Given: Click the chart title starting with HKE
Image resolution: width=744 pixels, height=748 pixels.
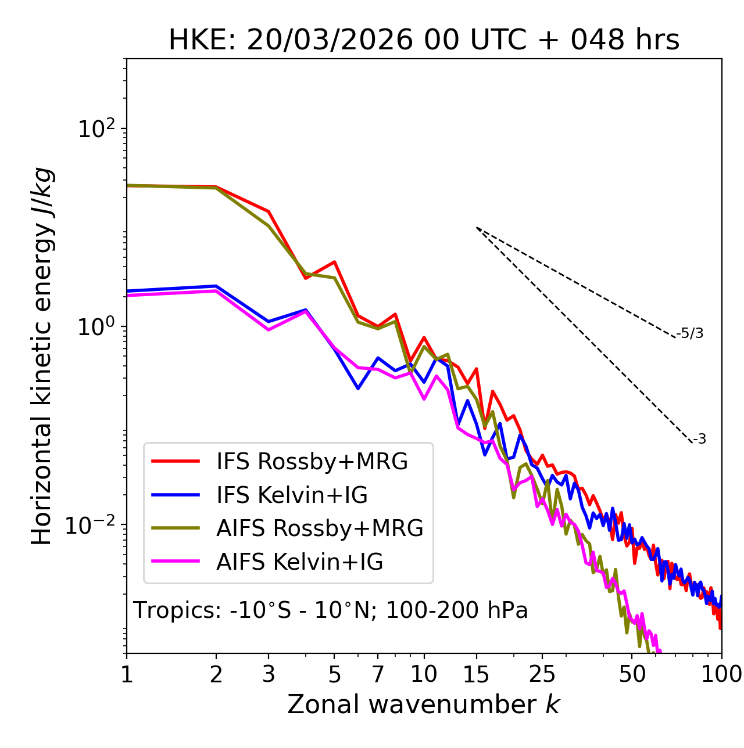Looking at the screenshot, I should click(x=424, y=40).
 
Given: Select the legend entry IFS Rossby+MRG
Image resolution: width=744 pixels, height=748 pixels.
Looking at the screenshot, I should click(x=312, y=462).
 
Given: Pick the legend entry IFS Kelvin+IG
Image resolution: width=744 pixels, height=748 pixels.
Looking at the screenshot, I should click(x=292, y=495).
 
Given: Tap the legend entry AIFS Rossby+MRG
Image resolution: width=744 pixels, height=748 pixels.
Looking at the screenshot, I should click(x=320, y=528).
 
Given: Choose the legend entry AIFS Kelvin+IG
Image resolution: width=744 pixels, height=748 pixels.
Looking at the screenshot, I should click(x=299, y=562).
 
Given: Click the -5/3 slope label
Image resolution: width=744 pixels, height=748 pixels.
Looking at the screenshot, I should click(x=690, y=333).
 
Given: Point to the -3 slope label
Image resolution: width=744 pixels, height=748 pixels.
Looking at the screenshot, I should click(x=699, y=440).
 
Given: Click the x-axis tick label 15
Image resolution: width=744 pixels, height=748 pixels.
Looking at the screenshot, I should click(x=476, y=674).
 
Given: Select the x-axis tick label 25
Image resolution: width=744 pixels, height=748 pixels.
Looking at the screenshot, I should click(x=542, y=674).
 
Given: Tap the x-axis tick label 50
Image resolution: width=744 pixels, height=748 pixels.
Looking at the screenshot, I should click(x=632, y=674).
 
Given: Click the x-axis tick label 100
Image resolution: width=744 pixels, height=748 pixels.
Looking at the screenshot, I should click(x=721, y=674).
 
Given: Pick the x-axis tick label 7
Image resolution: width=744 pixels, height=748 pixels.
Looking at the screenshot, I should click(x=378, y=674).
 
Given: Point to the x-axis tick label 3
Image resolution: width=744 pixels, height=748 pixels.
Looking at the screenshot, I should click(x=268, y=674).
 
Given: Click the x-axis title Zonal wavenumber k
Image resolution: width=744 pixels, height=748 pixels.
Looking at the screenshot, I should click(x=424, y=705).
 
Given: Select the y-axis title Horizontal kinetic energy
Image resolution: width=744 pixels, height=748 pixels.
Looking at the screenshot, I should click(x=42, y=357).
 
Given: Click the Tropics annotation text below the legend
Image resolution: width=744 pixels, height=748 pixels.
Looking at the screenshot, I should click(x=331, y=610).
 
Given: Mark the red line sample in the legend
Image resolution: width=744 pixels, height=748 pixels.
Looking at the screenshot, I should click(x=176, y=462).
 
